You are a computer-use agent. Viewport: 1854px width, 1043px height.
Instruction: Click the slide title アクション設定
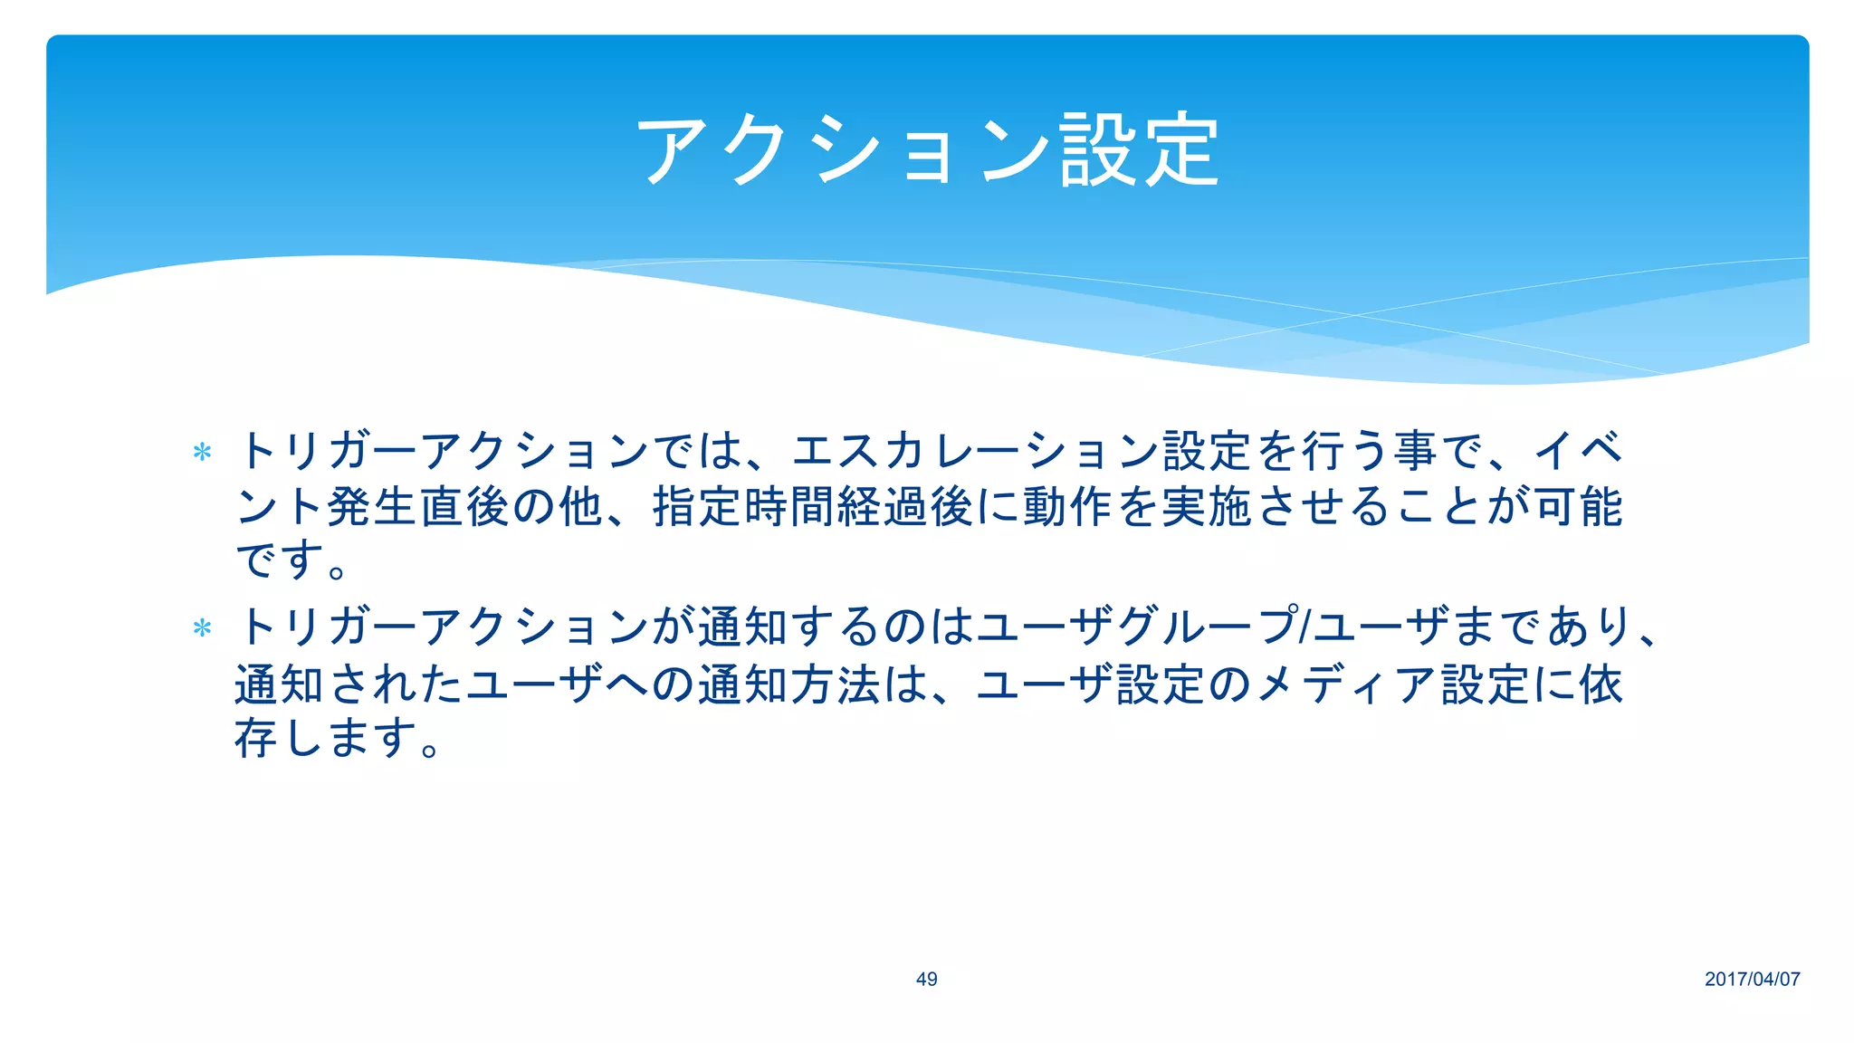coord(927,150)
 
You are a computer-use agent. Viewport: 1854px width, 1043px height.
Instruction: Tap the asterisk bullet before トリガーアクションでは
coord(203,452)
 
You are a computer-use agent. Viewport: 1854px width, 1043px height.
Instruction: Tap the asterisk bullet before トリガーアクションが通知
coord(203,627)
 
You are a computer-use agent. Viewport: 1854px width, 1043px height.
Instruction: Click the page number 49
coord(926,979)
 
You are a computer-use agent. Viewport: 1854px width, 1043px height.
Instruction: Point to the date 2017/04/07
coord(1752,979)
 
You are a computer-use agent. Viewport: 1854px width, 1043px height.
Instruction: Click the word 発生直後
coord(419,506)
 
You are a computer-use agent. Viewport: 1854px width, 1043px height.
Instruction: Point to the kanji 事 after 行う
coord(1415,451)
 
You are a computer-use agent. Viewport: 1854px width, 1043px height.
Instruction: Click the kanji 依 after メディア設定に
coord(1601,684)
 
